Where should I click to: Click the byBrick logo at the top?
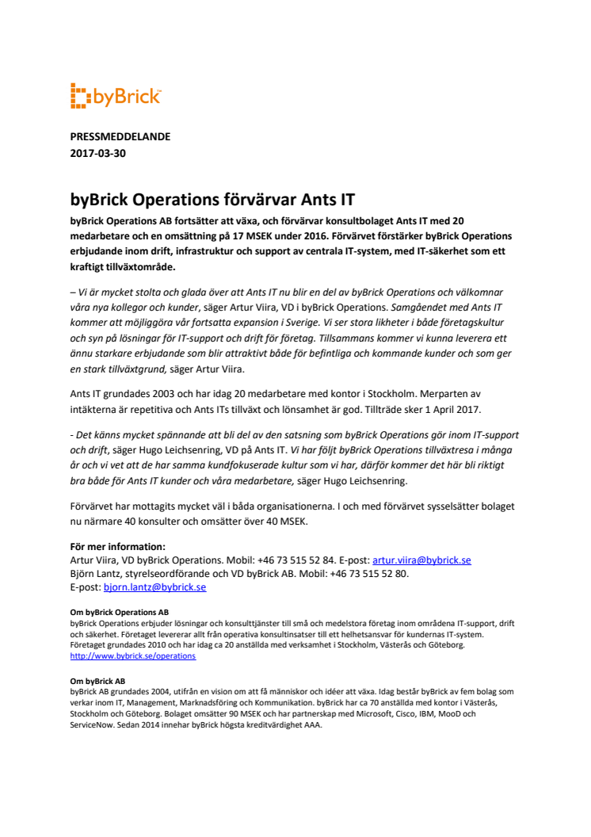pos(116,97)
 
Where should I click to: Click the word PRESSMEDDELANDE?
pos(120,136)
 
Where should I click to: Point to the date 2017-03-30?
pos(97,154)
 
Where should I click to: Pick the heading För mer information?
pos(117,546)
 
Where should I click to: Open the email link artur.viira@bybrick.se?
pos(421,560)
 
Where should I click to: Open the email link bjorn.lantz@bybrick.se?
pos(154,587)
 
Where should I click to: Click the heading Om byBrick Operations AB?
pos(119,612)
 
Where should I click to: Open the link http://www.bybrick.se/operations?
pos(132,656)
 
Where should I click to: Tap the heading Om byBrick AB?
pos(97,681)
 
